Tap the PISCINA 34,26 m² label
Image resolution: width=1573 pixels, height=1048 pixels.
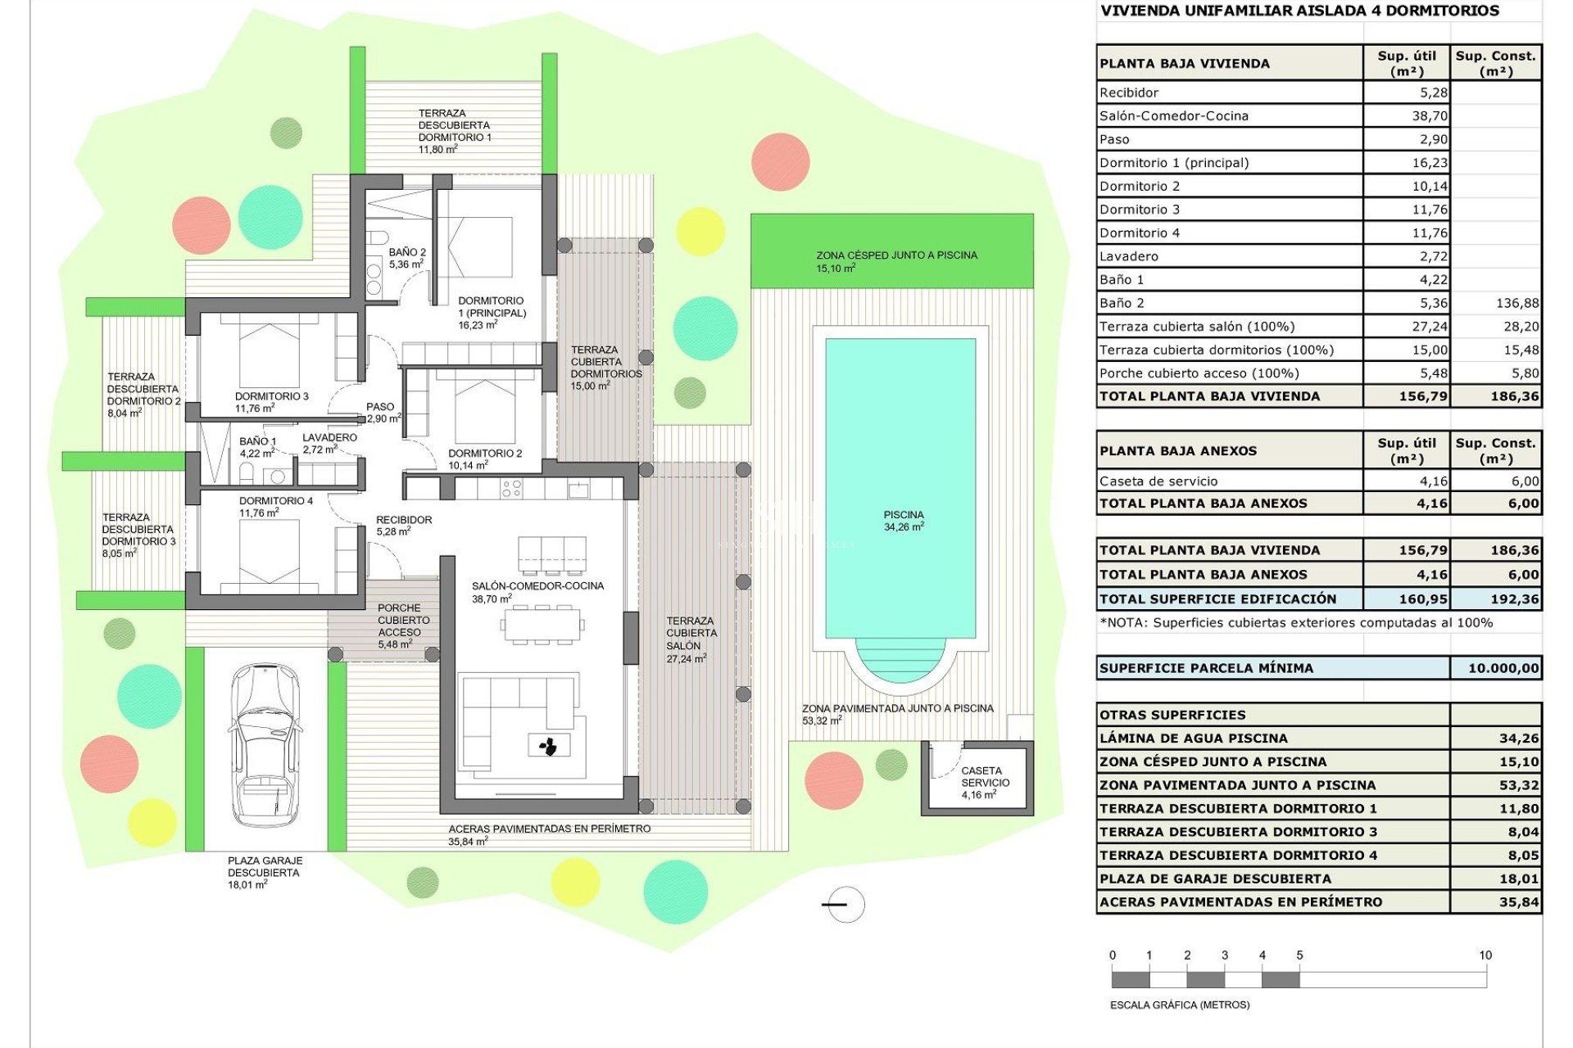tap(904, 521)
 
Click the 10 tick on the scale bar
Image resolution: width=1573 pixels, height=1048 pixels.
tap(1485, 955)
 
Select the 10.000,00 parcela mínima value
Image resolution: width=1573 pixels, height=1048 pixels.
tap(1503, 668)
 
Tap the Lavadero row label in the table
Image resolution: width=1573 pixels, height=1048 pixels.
tap(1129, 256)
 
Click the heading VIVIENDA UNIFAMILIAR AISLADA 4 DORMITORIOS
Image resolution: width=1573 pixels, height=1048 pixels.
tap(1299, 11)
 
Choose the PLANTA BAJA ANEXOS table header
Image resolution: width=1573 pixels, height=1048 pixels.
tap(1178, 450)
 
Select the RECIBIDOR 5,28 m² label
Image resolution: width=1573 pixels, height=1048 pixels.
tap(404, 525)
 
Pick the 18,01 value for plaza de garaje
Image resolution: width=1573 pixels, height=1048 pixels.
tap(1518, 879)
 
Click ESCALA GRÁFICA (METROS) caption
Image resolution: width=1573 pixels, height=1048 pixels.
tap(1179, 1005)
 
